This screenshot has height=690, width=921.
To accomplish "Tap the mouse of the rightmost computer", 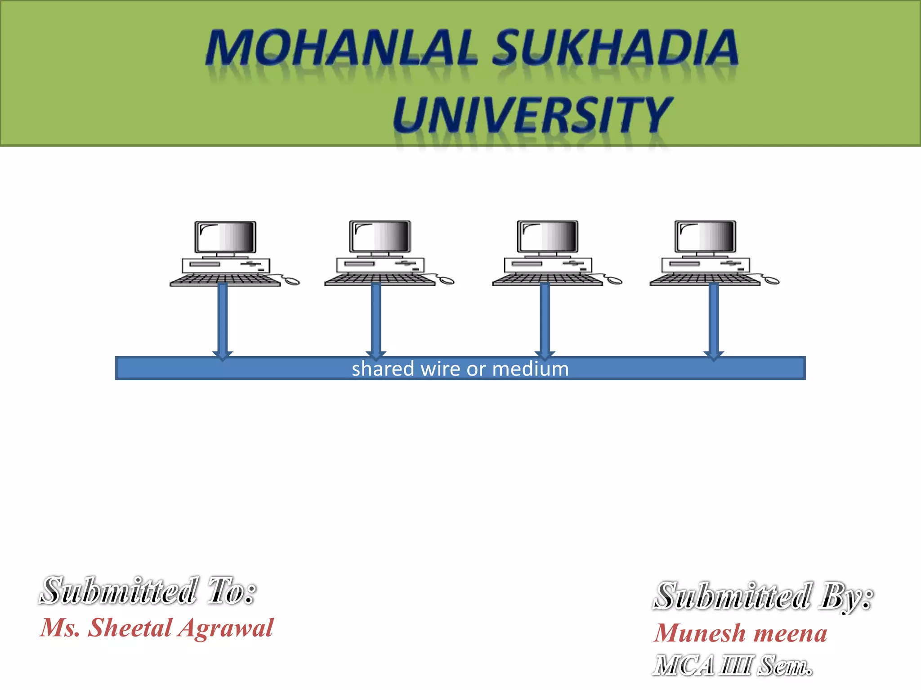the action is (772, 281).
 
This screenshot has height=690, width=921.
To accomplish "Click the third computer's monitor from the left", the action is (548, 236).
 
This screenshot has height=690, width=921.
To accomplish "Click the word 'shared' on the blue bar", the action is (383, 369).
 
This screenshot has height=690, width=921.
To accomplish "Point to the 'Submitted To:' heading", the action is (148, 591).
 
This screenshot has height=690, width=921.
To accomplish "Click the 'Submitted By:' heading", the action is (763, 596).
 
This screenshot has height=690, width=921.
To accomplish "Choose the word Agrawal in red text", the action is (225, 628).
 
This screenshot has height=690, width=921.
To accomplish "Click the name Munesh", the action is (699, 633).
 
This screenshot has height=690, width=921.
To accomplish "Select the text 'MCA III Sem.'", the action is (733, 665).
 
